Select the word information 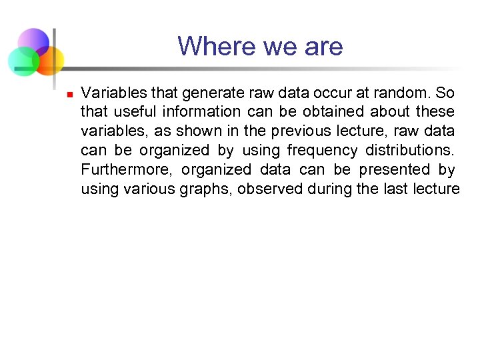201,111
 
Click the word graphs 205,189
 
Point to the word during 330,189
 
